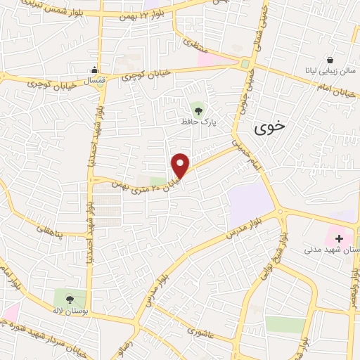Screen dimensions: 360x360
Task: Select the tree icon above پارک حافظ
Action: point(198,109)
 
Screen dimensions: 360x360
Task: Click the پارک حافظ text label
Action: point(198,122)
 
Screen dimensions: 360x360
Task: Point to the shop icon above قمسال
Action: point(95,70)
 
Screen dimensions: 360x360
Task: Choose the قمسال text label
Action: point(96,82)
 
